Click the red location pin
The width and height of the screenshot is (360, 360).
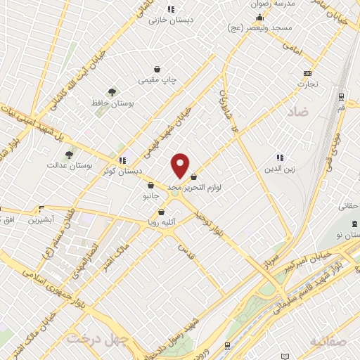click(x=181, y=165)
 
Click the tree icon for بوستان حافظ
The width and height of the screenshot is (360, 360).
click(x=111, y=92)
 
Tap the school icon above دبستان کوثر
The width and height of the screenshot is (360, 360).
click(x=123, y=160)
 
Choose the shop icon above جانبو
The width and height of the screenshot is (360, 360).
click(x=150, y=185)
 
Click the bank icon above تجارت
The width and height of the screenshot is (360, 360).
click(x=307, y=73)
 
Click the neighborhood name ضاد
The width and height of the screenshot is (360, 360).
click(x=298, y=112)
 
